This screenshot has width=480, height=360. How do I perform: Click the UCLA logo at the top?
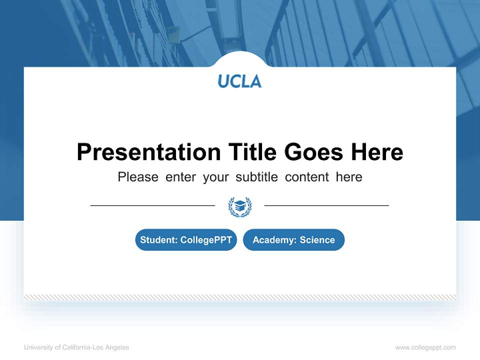tap(239, 81)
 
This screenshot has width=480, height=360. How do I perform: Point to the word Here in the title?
tap(376, 152)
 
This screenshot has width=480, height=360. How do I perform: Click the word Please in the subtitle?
tap(138, 177)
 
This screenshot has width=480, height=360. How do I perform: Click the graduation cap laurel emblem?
tap(240, 206)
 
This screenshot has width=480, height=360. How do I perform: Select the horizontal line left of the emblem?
tap(152, 205)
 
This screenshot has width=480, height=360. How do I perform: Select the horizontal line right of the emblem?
tap(326, 205)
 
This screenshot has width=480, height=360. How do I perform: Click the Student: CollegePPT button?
tap(186, 240)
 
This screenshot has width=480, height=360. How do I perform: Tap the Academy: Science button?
tap(293, 240)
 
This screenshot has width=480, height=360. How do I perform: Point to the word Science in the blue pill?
tap(317, 240)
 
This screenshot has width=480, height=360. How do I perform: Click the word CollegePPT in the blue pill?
tap(206, 240)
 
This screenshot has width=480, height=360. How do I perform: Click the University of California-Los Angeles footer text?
tap(76, 347)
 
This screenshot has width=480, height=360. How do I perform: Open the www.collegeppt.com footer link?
tap(425, 347)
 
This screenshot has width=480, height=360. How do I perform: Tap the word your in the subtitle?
tap(216, 177)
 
